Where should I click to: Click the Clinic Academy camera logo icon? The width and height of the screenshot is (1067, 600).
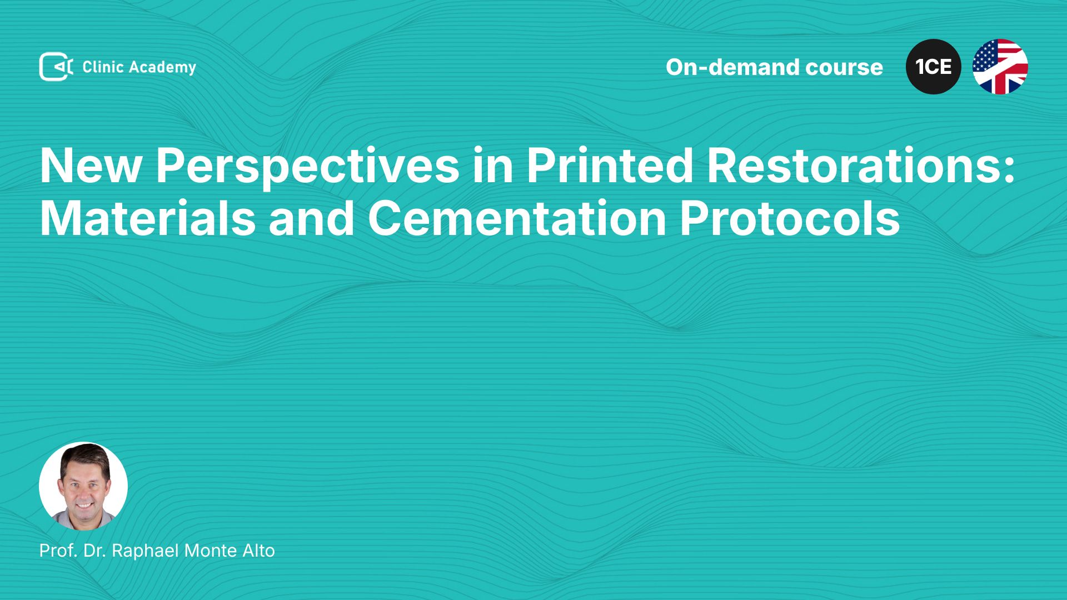click(x=56, y=67)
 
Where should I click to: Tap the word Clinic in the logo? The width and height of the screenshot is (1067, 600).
click(x=103, y=67)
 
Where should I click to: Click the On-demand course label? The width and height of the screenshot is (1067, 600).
click(x=774, y=67)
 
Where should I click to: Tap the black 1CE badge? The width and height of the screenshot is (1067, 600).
click(x=934, y=67)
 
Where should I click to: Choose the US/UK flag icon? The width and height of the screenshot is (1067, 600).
click(x=1000, y=67)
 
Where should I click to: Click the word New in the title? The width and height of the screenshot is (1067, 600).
click(x=91, y=166)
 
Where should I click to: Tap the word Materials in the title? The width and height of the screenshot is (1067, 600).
click(x=148, y=218)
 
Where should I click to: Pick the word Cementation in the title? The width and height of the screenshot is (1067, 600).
click(x=517, y=218)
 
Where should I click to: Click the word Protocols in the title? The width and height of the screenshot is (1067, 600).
click(x=790, y=218)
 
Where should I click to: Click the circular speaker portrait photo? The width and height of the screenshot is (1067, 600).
click(x=83, y=486)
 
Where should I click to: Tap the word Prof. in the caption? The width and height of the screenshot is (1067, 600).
click(x=58, y=551)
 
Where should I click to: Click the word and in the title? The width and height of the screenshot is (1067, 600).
click(x=312, y=218)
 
